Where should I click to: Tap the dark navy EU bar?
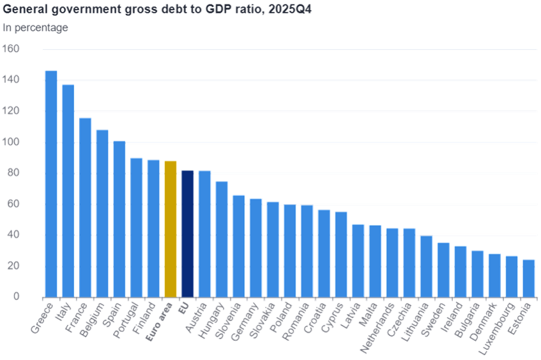187,233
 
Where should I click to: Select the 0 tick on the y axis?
17,297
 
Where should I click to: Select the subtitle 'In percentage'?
36,27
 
